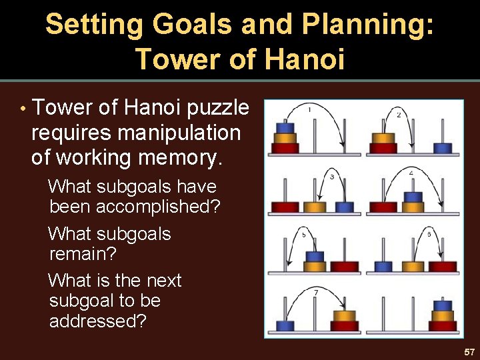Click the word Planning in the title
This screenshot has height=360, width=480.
(x=368, y=25)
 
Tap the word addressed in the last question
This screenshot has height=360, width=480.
(x=97, y=321)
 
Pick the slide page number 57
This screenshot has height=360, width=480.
(x=469, y=351)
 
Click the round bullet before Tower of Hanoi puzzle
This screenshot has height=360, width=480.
(x=23, y=109)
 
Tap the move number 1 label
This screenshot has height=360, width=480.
(x=309, y=109)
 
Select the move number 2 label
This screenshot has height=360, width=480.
(x=399, y=115)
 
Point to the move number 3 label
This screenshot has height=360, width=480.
(x=331, y=177)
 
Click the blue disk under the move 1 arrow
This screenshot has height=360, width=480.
(x=285, y=128)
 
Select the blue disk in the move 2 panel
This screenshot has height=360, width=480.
(x=443, y=147)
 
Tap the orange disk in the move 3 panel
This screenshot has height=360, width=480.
(x=314, y=207)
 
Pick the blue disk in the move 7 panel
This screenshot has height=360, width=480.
(x=285, y=325)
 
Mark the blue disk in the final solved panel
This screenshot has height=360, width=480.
(x=443, y=306)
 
